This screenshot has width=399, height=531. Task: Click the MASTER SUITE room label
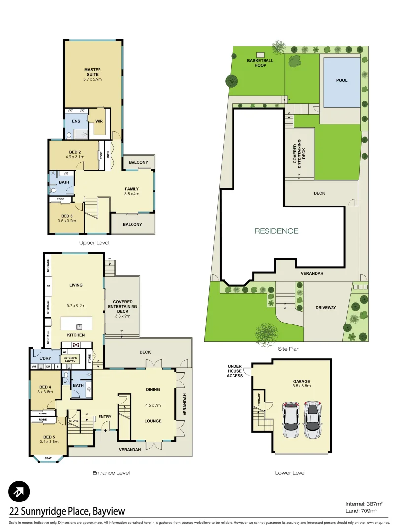[x=92, y=72]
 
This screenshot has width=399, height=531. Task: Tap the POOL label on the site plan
[x=341, y=80]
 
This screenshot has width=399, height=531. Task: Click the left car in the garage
[x=291, y=420]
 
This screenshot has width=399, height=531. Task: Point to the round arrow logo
[x=19, y=491]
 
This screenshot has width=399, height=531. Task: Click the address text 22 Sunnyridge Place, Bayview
[x=67, y=511]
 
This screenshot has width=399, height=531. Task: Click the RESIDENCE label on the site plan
[x=276, y=231]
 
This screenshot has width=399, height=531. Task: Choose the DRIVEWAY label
[x=326, y=308]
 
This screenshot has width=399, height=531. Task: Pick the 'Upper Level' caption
[x=94, y=243]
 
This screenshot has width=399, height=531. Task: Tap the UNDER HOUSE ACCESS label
[x=235, y=371]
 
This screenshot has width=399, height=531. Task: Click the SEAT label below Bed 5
[x=48, y=458]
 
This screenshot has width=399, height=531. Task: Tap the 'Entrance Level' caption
[x=111, y=473]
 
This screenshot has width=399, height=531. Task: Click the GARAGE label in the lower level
[x=301, y=381]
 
